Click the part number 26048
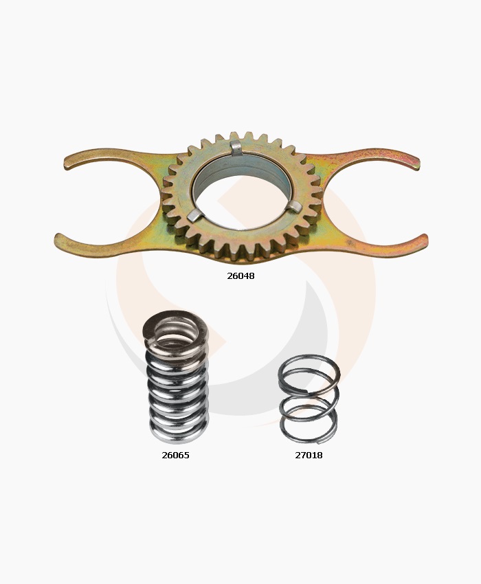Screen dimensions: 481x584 tap(240, 276)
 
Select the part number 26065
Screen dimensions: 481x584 tap(175, 455)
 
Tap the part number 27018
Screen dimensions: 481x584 tap(309, 455)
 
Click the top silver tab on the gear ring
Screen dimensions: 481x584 tap(236, 148)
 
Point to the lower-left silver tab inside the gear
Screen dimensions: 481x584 tap(196, 216)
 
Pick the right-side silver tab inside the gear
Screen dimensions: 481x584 tap(297, 206)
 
